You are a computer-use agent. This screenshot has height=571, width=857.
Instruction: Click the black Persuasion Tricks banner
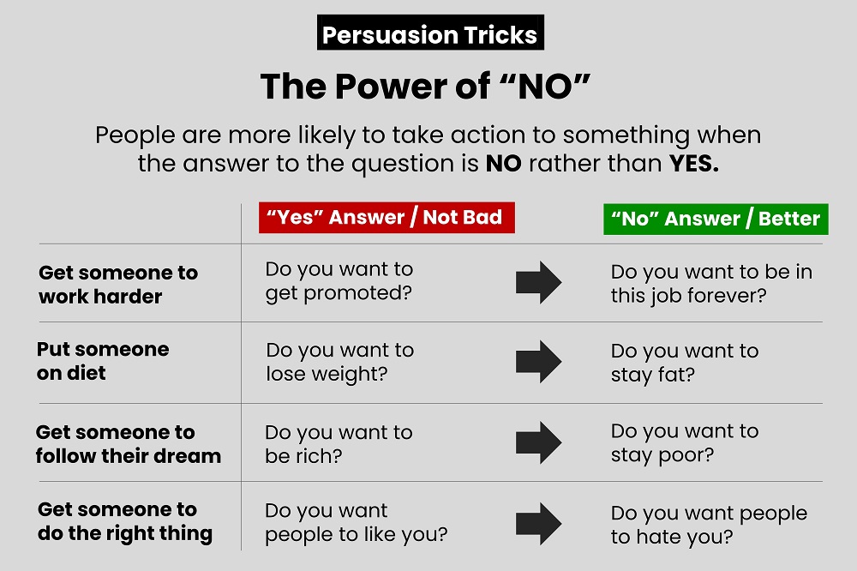point(430,33)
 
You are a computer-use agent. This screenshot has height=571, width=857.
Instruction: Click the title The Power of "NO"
point(425,87)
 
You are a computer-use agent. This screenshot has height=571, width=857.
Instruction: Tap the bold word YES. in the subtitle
point(694,163)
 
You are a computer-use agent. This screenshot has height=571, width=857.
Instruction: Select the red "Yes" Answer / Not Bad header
point(387,218)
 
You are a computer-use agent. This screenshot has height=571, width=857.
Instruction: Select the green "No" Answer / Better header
point(716,219)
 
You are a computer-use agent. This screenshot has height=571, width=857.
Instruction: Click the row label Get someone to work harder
point(118,285)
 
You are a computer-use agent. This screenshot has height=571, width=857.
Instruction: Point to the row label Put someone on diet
point(103,361)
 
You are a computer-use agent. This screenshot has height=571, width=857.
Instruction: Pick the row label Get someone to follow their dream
point(129,443)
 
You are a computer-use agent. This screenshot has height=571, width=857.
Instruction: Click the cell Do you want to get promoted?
point(339,282)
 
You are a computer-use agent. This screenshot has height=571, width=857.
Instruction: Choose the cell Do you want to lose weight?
point(340,362)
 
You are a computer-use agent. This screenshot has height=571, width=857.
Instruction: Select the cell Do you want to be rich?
point(339,444)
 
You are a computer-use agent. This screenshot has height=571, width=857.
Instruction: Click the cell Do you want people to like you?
point(357,523)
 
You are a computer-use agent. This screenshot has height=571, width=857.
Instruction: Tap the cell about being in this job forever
point(711,284)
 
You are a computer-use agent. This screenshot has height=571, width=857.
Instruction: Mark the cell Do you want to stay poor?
point(685,443)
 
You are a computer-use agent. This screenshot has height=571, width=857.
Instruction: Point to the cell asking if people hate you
point(709,525)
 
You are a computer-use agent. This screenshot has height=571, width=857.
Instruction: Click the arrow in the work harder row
point(538,282)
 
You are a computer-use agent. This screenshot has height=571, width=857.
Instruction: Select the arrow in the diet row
point(538,362)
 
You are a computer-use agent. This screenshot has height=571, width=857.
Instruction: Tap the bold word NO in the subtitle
point(503,163)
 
